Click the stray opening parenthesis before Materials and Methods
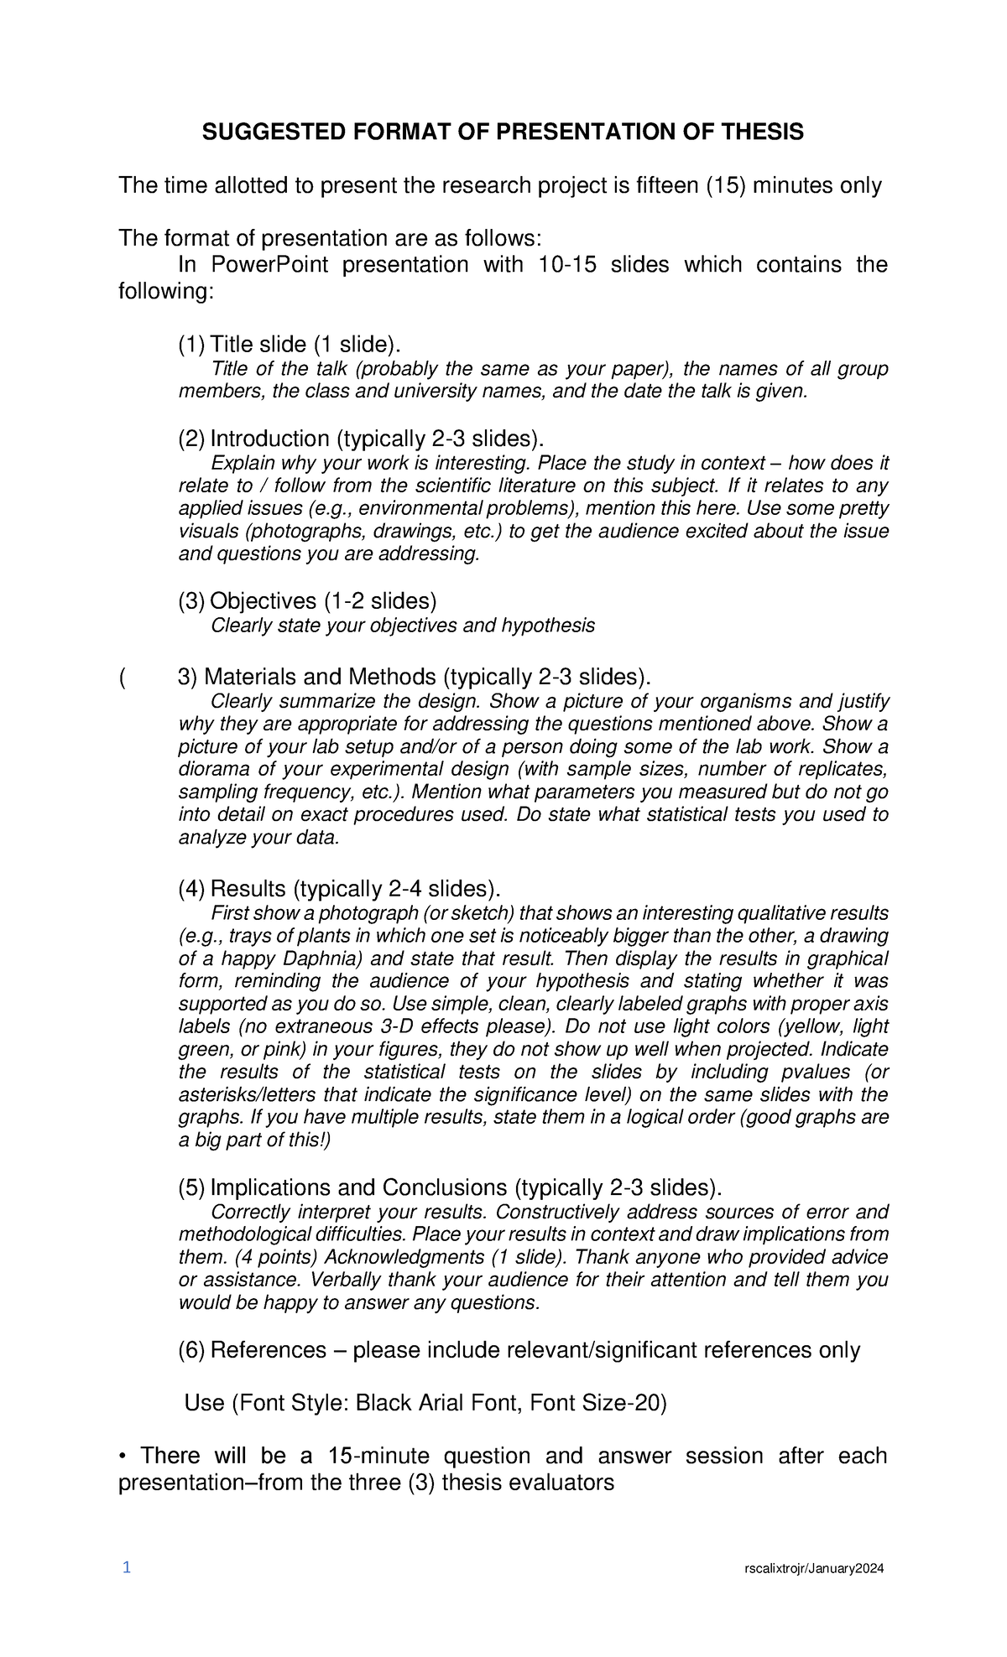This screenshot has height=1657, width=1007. (123, 677)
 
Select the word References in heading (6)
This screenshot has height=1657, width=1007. (267, 1350)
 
